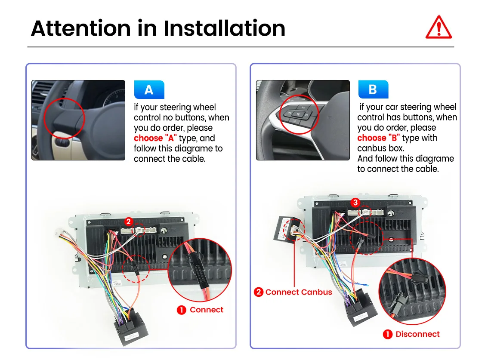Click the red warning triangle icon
point(439,28)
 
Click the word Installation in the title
point(224,28)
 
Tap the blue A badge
point(149,89)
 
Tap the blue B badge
point(373,89)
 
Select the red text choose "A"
point(155,138)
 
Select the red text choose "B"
point(378,138)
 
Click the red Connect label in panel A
point(206,310)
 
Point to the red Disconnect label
point(417,334)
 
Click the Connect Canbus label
point(299,292)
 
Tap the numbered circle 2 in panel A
point(129,222)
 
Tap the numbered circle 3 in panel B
point(355,203)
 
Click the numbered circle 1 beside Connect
point(182,310)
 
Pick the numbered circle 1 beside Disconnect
point(387,334)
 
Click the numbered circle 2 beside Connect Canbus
point(259,292)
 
